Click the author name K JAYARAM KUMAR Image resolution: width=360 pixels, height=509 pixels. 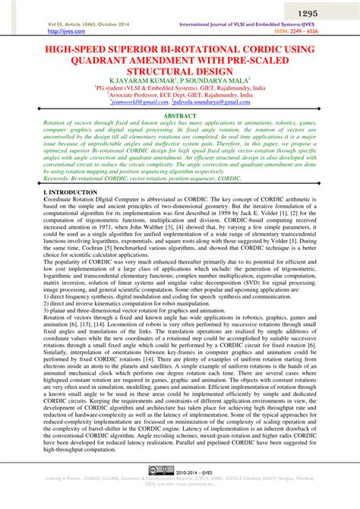pyautogui.click(x=142, y=78)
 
